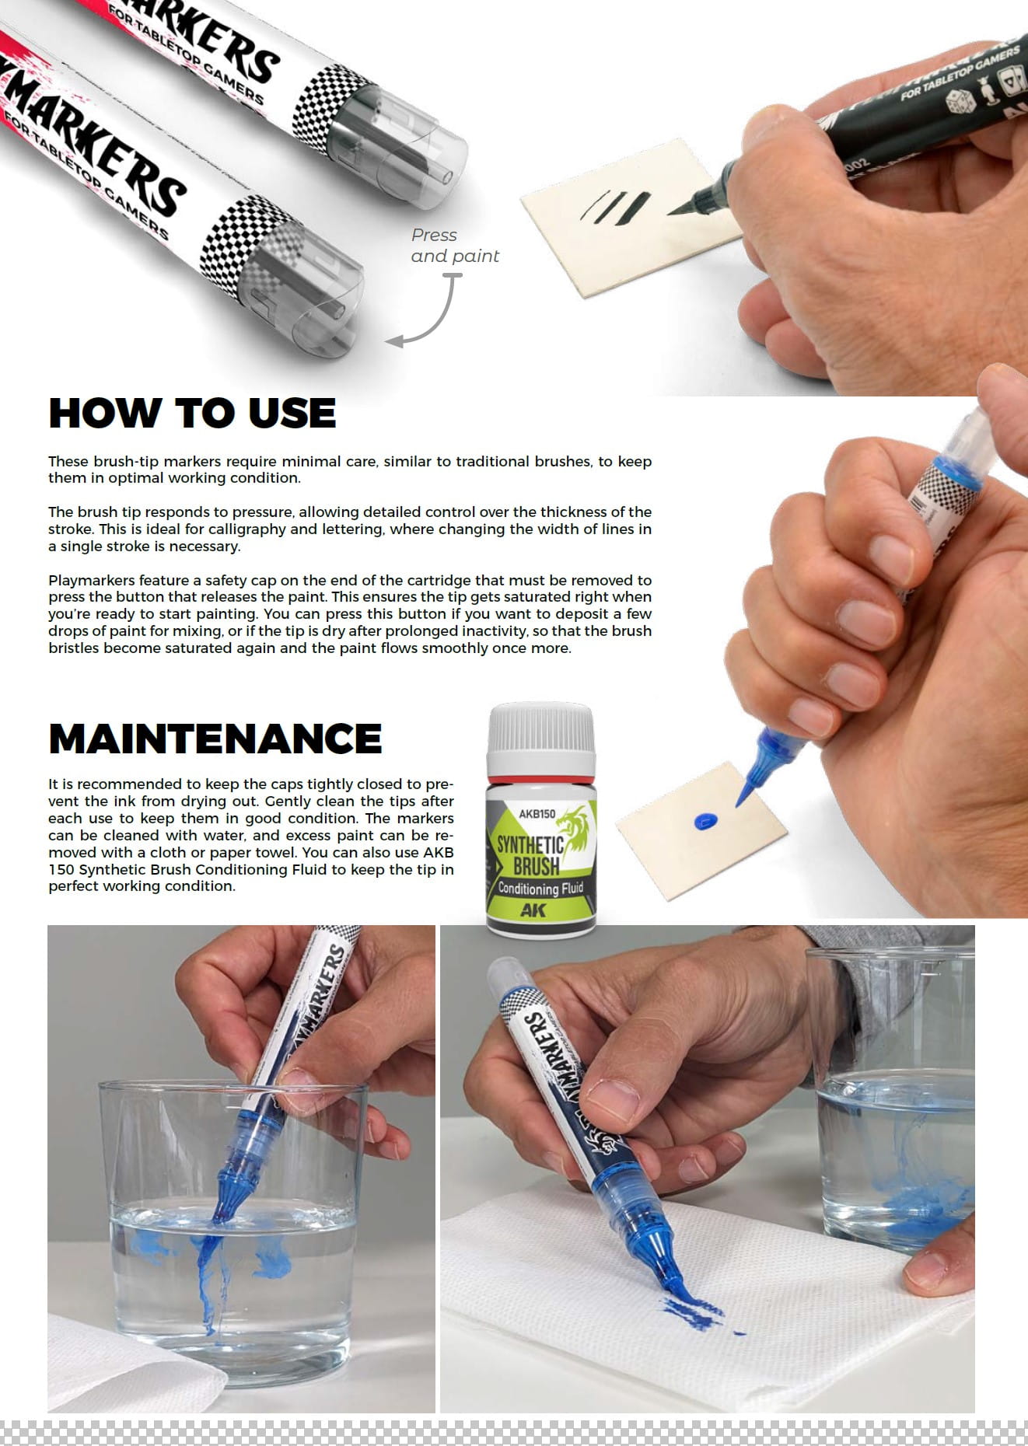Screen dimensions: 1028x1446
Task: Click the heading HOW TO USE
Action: pyautogui.click(x=192, y=413)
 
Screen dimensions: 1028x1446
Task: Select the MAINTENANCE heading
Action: pyautogui.click(x=215, y=739)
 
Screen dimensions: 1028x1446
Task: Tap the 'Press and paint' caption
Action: pyautogui.click(x=455, y=246)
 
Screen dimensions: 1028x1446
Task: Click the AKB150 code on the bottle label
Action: pyautogui.click(x=537, y=814)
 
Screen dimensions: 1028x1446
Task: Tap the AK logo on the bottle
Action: pyautogui.click(x=533, y=910)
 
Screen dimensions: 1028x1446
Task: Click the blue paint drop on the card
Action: pyautogui.click(x=705, y=819)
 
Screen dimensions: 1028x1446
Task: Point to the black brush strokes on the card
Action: pyautogui.click(x=614, y=207)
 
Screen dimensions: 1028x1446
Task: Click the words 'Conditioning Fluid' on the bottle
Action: pyautogui.click(x=540, y=888)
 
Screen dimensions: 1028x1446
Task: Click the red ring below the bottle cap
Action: pyautogui.click(x=541, y=779)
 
